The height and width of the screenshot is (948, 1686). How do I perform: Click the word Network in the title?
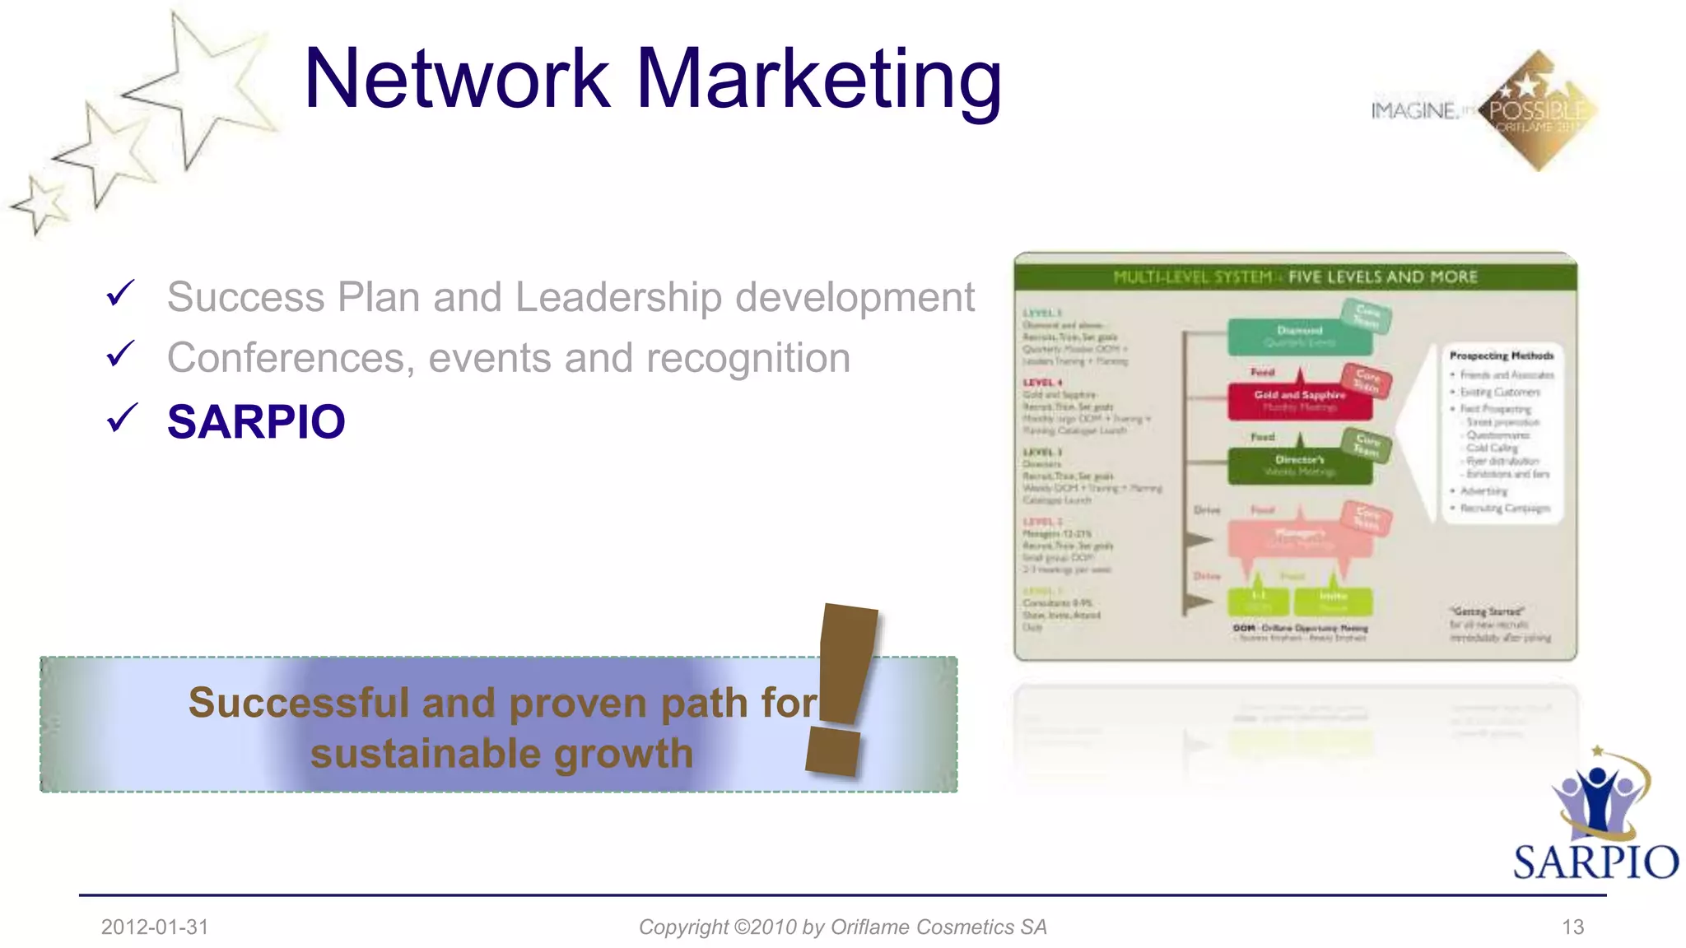point(457,79)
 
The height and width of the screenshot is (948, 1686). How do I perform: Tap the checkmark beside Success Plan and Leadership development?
point(120,293)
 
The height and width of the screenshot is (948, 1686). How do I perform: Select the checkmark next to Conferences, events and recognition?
point(120,354)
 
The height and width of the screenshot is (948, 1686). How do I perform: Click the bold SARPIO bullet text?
point(256,422)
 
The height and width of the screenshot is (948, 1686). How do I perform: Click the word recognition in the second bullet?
point(748,358)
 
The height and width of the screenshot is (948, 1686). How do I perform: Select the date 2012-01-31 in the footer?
point(155,927)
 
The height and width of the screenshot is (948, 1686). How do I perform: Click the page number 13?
point(1572,927)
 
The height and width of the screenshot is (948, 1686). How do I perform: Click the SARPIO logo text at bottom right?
point(1595,862)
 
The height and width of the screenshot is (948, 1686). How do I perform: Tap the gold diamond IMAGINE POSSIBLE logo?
point(1538,110)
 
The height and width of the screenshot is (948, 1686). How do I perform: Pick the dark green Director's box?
point(1299,465)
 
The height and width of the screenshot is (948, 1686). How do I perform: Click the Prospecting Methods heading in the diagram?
point(1501,355)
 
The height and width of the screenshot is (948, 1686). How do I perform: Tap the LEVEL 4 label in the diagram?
point(1042,383)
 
